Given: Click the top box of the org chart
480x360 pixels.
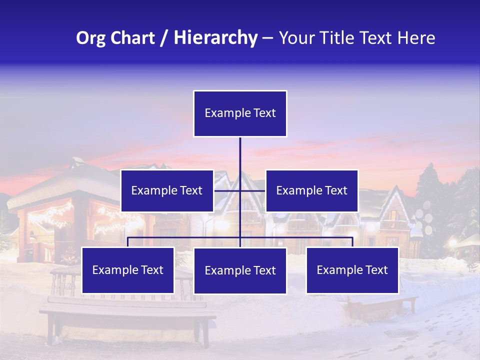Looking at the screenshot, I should (240, 113).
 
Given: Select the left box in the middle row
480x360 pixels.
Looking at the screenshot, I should (167, 190).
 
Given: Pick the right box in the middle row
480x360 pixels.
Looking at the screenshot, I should (311, 190).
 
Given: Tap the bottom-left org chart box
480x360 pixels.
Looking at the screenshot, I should (127, 270).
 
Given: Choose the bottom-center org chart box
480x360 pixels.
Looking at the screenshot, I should (240, 270).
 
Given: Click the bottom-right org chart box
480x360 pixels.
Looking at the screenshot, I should (352, 270).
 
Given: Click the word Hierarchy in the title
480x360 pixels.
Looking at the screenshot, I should (215, 38).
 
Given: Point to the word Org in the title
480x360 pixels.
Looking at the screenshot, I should (90, 38).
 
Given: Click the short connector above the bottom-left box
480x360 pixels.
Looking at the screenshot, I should (127, 242).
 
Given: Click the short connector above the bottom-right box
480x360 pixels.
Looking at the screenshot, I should (352, 242).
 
